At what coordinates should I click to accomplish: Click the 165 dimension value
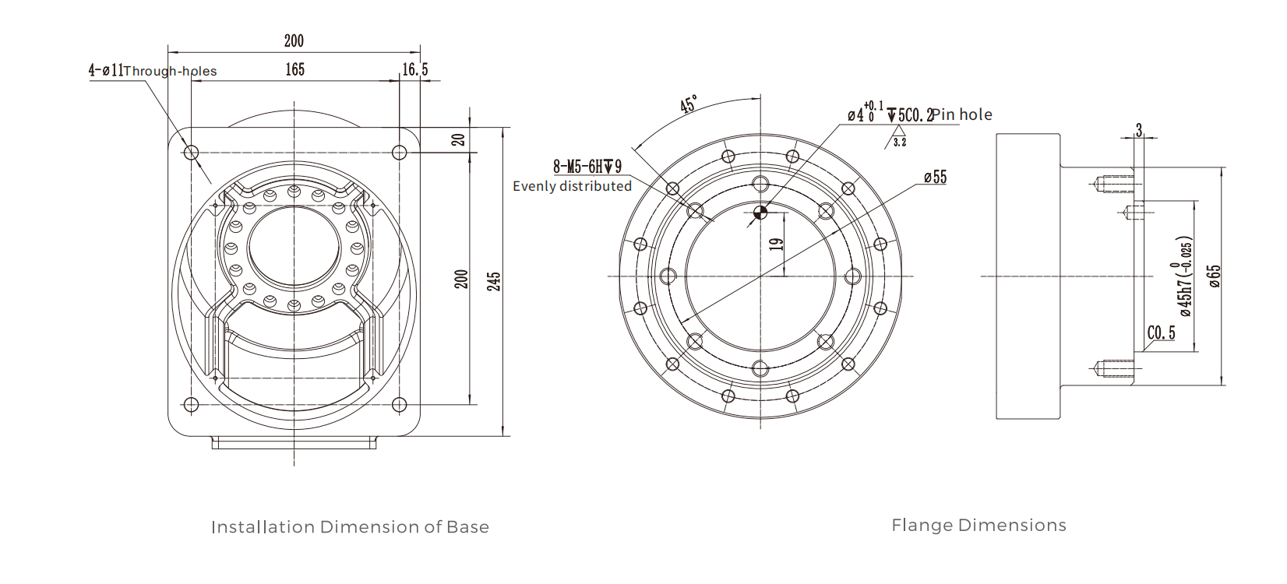pos(294,70)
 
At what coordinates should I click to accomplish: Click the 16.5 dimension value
pos(414,70)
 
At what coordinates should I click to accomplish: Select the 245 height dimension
pos(494,281)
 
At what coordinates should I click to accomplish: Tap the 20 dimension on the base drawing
pos(459,140)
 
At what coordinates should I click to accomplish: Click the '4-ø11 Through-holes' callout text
pos(152,71)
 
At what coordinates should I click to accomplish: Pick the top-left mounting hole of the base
pos(191,153)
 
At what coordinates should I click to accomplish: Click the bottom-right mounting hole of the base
pos(399,405)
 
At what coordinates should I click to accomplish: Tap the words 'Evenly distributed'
pos(572,186)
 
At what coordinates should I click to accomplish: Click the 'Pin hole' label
pos(963,114)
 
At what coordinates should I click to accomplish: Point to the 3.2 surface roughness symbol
pos(899,142)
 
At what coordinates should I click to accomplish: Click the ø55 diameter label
pos(935,178)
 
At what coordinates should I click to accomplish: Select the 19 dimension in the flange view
pos(776,245)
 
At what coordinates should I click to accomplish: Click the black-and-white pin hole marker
pos(761,212)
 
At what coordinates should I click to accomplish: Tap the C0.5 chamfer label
pos(1161,333)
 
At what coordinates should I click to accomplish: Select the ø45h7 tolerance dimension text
pos(1183,276)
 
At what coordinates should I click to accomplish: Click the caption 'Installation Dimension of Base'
pos(350,527)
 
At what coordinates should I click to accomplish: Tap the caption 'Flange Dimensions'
pos(978,526)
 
